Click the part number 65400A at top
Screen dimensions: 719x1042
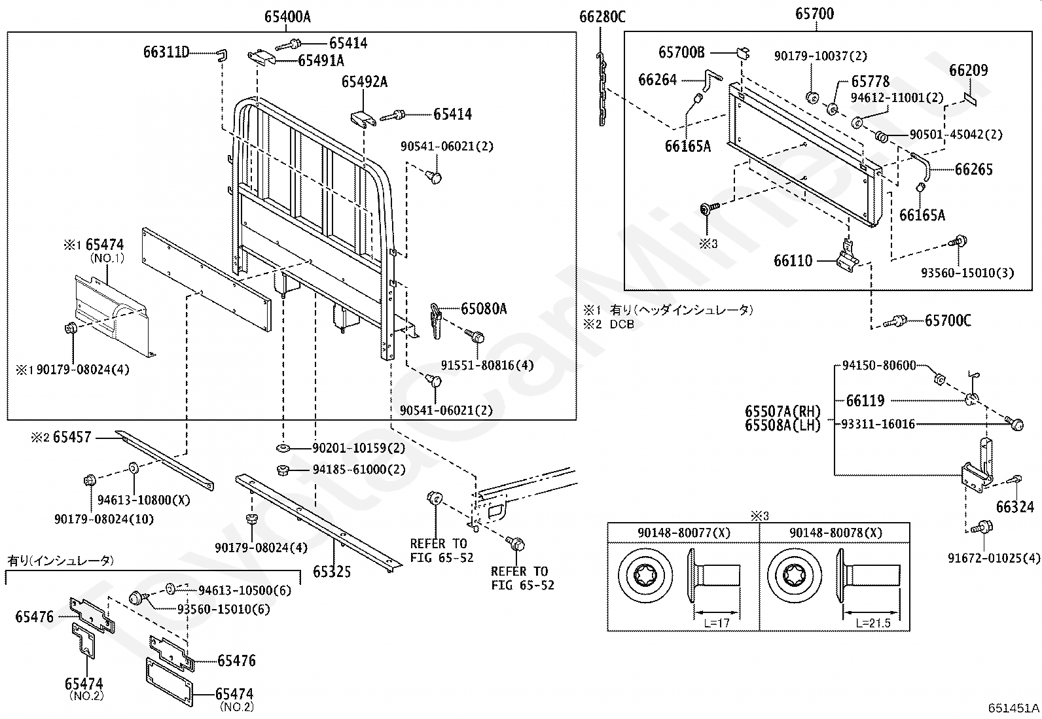287,17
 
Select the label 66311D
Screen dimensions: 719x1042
166,52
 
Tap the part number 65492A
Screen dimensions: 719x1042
364,82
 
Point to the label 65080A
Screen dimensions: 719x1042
484,309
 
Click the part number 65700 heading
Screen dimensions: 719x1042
815,14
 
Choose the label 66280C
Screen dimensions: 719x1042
602,17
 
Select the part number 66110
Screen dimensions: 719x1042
793,261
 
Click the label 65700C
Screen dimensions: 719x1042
948,321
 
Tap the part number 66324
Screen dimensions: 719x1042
1015,506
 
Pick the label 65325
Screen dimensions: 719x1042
332,572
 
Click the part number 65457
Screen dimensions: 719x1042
72,437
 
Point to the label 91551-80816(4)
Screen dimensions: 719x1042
487,365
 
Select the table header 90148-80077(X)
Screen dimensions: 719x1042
683,533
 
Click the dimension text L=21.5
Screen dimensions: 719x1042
873,623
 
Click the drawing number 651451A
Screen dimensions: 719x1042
1014,708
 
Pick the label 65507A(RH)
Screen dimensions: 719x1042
783,412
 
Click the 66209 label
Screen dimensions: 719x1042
969,71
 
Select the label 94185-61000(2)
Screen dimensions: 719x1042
359,469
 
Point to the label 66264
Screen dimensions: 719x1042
657,80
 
